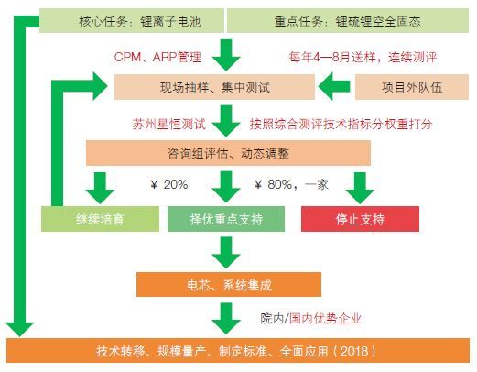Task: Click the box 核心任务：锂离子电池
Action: (x=132, y=20)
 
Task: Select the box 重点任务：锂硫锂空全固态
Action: (x=348, y=20)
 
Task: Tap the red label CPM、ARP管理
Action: (x=157, y=57)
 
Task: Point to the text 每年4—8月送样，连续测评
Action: (x=363, y=57)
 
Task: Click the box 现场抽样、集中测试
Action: (x=214, y=87)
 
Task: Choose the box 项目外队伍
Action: (x=412, y=87)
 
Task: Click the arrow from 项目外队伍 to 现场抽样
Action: (x=334, y=86)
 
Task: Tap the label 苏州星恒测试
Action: (x=168, y=124)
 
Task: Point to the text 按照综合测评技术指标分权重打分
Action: (x=341, y=124)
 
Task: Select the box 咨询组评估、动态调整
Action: (x=228, y=153)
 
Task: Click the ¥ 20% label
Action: (x=169, y=184)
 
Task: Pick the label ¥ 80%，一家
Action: (x=291, y=184)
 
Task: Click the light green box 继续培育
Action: (x=100, y=219)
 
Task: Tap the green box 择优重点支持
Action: (x=226, y=219)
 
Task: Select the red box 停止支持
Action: (x=360, y=219)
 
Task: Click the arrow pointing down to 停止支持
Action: (x=360, y=188)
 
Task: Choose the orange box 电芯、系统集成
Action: (x=229, y=285)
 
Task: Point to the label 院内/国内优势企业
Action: (x=310, y=319)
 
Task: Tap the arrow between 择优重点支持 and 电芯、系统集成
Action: (x=226, y=253)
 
